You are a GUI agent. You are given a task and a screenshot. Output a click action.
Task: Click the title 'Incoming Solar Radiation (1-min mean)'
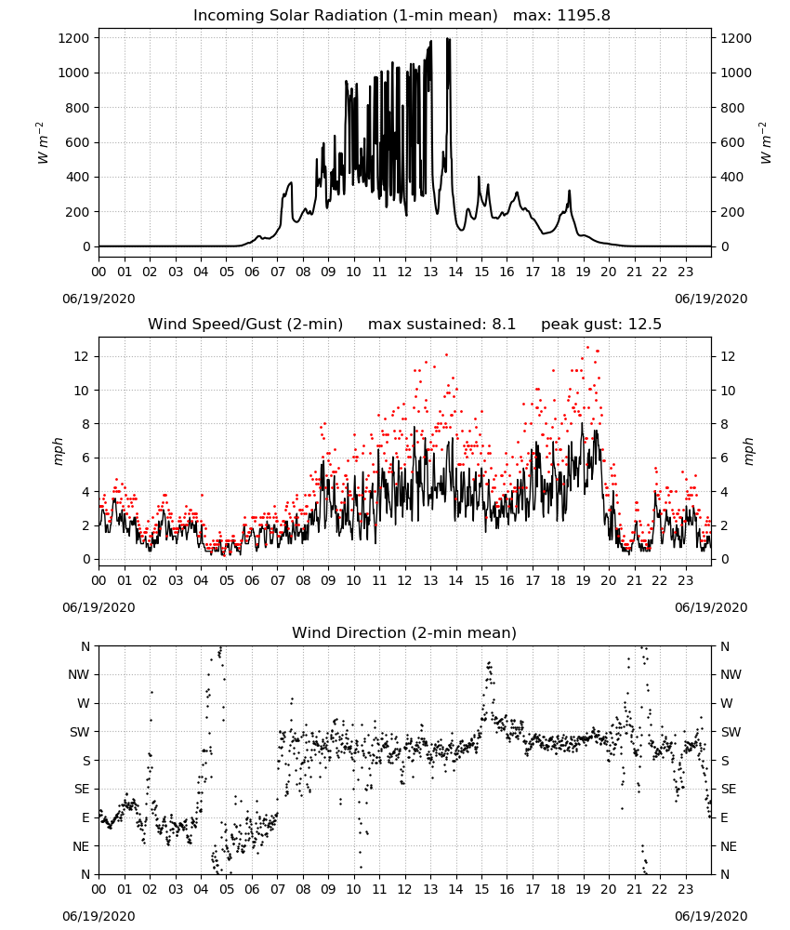click(x=346, y=16)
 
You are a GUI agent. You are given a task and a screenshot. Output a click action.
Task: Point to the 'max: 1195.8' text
click(x=561, y=16)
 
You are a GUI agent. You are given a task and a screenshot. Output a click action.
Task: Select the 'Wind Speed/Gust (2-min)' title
click(x=245, y=325)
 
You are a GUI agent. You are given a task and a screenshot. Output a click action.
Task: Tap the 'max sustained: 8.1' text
click(x=441, y=325)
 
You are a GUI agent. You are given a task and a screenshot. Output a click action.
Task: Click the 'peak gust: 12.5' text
click(x=601, y=325)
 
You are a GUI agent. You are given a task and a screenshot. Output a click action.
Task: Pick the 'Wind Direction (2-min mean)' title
click(x=404, y=632)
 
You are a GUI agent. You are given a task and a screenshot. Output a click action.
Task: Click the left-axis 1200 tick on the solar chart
click(x=74, y=38)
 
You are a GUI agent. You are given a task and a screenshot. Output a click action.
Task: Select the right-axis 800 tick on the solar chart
click(x=732, y=108)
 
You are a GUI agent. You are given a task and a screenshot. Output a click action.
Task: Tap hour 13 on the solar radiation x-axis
click(x=430, y=272)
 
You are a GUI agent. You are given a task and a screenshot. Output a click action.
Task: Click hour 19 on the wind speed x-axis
click(x=583, y=580)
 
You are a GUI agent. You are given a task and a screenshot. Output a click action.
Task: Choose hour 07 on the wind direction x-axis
click(x=277, y=890)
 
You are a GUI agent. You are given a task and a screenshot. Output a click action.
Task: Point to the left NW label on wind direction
click(x=79, y=675)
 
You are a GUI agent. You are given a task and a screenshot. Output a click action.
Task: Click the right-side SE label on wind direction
click(x=729, y=790)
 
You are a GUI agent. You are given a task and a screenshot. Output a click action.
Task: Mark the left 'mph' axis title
click(x=58, y=451)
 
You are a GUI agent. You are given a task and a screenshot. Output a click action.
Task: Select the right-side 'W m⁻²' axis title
click(x=765, y=143)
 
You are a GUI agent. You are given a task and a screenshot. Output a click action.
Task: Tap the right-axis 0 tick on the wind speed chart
click(x=724, y=559)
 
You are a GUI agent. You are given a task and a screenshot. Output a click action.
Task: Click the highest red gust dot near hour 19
click(x=588, y=348)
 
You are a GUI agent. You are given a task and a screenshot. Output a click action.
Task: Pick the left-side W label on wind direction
click(x=84, y=703)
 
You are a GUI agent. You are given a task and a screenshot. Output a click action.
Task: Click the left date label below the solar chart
click(x=99, y=299)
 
